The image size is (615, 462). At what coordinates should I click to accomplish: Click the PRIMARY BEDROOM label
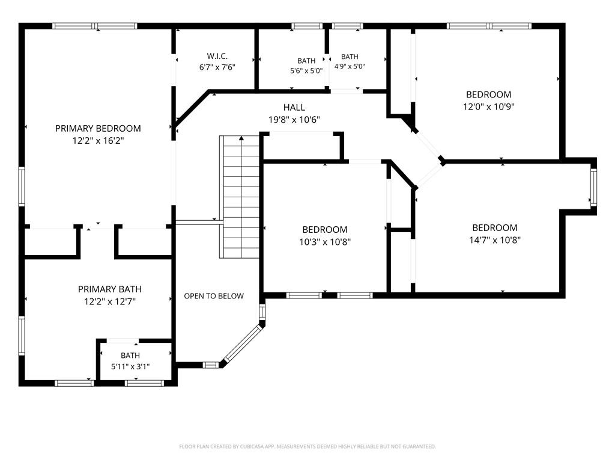pos(98,129)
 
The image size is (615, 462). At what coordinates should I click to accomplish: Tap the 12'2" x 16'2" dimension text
pos(98,141)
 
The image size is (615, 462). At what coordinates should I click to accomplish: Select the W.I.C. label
pos(217,56)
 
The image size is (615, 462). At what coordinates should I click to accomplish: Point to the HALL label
pos(294,107)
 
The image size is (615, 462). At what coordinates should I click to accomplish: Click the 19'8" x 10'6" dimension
pos(294,120)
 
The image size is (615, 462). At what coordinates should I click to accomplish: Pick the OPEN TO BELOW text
pos(214,296)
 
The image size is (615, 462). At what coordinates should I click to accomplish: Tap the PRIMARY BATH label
pos(110,289)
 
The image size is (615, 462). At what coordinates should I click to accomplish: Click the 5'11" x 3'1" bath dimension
pos(130,367)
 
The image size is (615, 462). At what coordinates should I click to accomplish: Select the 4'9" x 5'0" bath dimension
pos(350,66)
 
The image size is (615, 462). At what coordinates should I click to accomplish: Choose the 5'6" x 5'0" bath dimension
pos(306,71)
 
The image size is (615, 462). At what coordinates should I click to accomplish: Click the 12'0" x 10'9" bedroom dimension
pos(489,107)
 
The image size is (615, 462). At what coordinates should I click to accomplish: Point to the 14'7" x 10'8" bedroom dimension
pos(495,240)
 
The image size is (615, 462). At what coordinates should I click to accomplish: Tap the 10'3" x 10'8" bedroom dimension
pos(325,242)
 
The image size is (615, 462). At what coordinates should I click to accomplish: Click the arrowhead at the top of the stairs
pos(241,138)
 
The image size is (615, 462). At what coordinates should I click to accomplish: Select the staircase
pos(239,197)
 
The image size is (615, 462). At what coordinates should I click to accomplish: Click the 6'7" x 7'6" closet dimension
pos(217,67)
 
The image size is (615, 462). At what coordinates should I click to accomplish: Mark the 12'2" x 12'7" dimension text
pos(110,302)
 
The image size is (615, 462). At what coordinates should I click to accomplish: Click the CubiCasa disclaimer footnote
pos(307,446)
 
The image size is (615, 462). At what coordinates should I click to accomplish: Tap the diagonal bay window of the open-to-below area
pos(243,342)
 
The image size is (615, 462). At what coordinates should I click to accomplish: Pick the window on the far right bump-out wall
pos(593,187)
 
